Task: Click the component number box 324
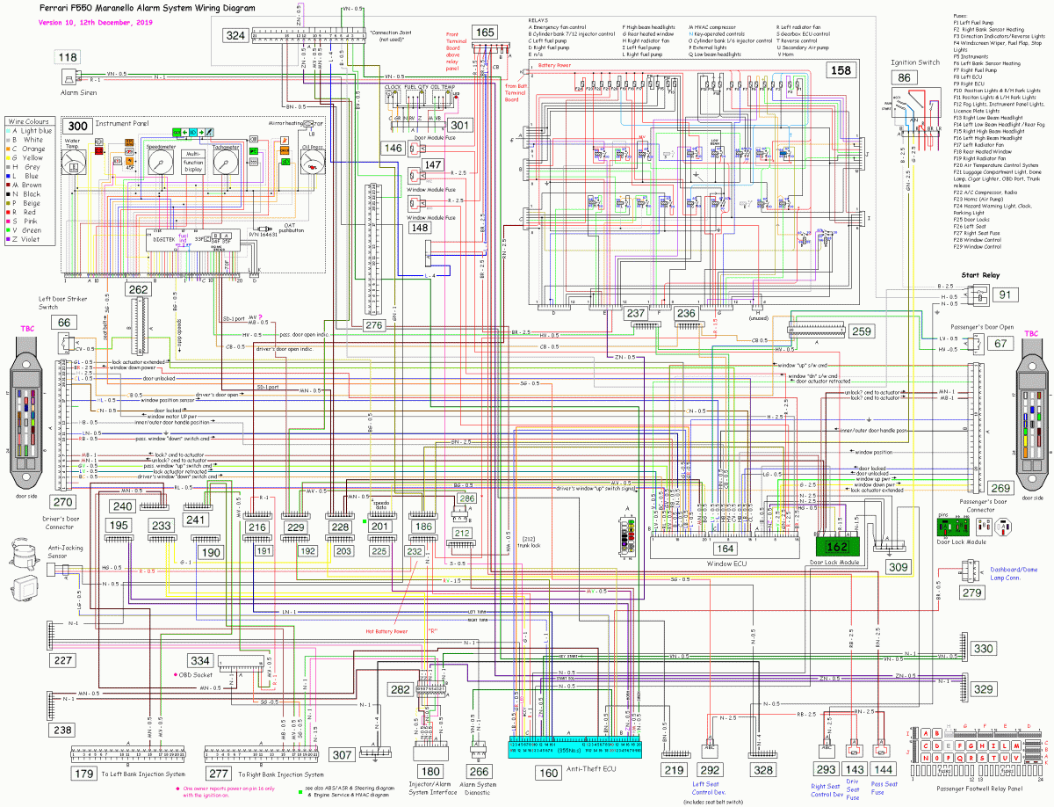tap(235, 36)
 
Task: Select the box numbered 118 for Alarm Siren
tap(68, 58)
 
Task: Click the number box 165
tap(485, 33)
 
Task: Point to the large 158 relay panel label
tap(841, 70)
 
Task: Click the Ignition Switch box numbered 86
tap(904, 77)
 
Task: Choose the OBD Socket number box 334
tap(200, 661)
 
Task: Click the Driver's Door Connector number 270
tap(63, 503)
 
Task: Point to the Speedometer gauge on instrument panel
tap(161, 163)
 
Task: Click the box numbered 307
tap(342, 754)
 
